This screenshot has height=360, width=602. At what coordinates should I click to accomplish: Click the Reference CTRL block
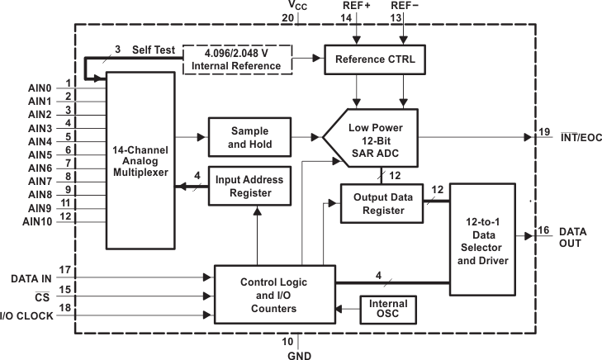point(375,59)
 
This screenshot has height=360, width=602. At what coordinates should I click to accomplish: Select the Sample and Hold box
point(250,137)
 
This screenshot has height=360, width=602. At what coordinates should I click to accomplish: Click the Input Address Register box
point(249,187)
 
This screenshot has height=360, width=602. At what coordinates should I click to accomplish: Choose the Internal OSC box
point(387,310)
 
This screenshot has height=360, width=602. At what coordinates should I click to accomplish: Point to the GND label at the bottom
point(298,353)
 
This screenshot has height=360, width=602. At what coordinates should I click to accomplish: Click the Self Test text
point(154,51)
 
